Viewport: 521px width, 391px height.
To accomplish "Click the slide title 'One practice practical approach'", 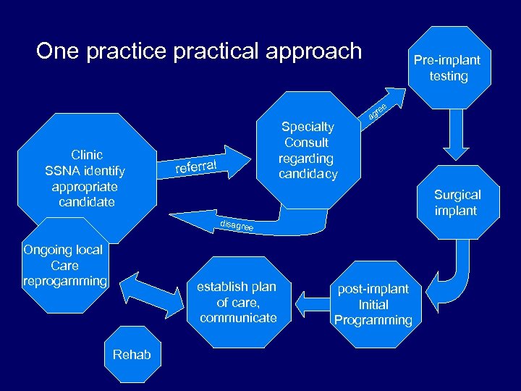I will pyautogui.click(x=198, y=51).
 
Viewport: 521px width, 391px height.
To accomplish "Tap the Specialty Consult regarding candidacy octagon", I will pyautogui.click(x=308, y=150).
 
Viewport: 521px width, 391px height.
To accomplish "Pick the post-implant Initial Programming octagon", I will pyautogui.click(x=373, y=304).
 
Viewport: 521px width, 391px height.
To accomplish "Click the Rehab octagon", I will pyautogui.click(x=132, y=354).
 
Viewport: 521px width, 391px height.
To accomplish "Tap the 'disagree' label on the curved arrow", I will pyautogui.click(x=236, y=226).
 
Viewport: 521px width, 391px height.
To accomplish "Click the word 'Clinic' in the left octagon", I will pyautogui.click(x=87, y=155).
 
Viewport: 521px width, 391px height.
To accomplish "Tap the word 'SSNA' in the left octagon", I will pyautogui.click(x=61, y=171).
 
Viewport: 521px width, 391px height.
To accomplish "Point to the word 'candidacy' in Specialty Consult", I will pyautogui.click(x=308, y=174).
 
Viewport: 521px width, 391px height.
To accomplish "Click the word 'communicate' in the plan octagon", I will pyautogui.click(x=238, y=318).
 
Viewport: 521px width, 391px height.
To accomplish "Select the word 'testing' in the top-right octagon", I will pyautogui.click(x=449, y=76).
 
